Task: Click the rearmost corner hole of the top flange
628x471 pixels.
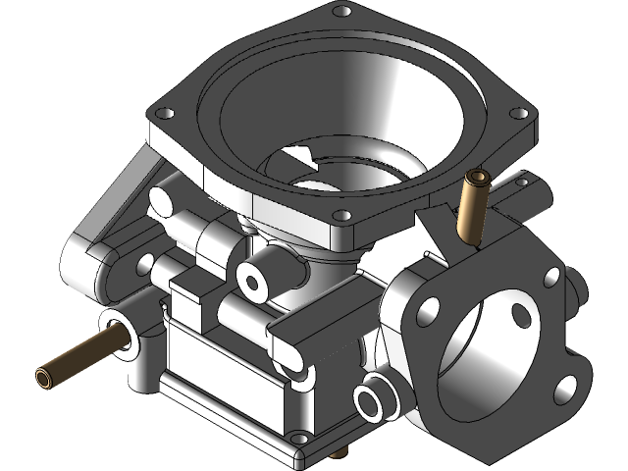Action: [341, 12]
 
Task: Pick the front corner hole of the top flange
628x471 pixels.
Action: [340, 216]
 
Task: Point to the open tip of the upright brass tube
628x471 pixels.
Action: [479, 178]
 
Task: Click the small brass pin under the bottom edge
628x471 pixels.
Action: [339, 453]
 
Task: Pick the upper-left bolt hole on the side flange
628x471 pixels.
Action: [428, 312]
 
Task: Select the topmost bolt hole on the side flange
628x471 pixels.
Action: [551, 278]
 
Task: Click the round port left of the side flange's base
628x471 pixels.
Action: [371, 402]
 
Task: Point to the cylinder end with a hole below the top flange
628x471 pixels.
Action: [255, 282]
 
